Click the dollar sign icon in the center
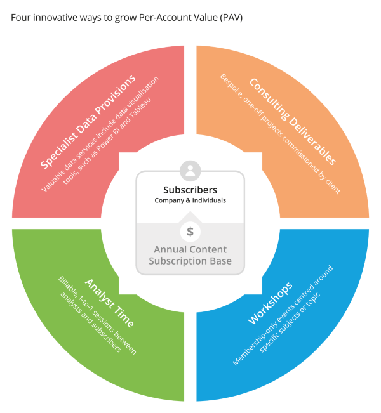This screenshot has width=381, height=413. click(190, 232)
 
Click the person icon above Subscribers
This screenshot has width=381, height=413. click(190, 170)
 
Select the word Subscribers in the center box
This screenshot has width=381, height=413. click(190, 190)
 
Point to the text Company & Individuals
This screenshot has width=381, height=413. click(190, 200)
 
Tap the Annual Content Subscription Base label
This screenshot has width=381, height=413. click(190, 255)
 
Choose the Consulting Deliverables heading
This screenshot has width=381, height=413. click(291, 121)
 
